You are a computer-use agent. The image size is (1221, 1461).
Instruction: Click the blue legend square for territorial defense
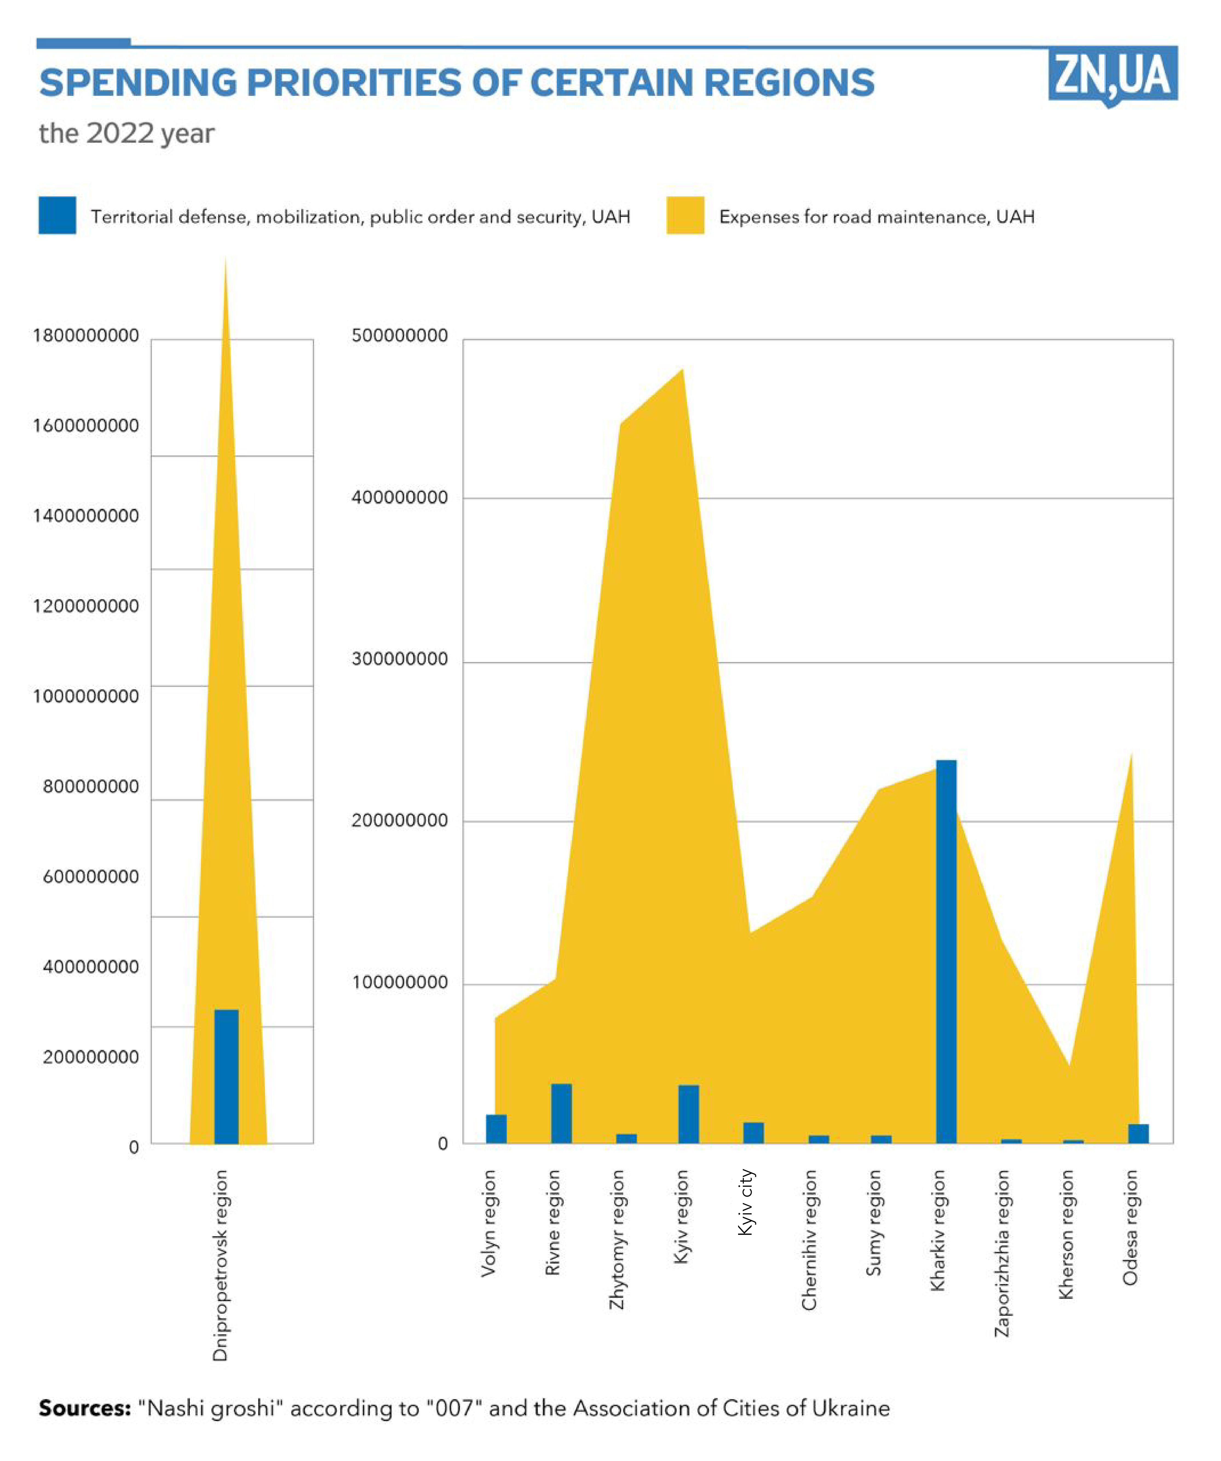(x=57, y=216)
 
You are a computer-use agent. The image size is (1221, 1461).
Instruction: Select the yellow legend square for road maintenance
(x=685, y=216)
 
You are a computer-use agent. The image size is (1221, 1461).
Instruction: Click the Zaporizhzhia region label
(x=1001, y=1252)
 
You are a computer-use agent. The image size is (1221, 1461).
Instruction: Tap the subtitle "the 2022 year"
(x=126, y=133)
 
